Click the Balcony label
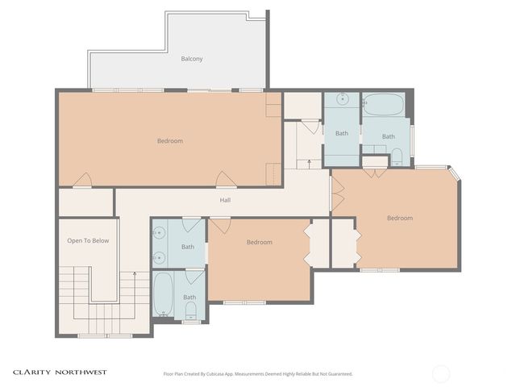pos(191,59)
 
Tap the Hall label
pos(226,200)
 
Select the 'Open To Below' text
pos(87,240)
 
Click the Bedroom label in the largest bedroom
pos(169,141)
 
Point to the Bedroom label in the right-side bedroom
pos(399,218)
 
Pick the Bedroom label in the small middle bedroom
pos(259,242)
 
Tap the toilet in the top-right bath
pos(397,156)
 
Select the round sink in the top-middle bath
pos(342,100)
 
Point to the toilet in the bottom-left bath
pos(191,310)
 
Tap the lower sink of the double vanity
pos(159,258)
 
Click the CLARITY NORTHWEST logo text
pos(59,372)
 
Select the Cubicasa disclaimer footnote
pos(258,374)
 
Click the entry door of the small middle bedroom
pos(219,225)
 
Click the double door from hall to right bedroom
pos(336,193)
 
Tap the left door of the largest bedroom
pos(83,181)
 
